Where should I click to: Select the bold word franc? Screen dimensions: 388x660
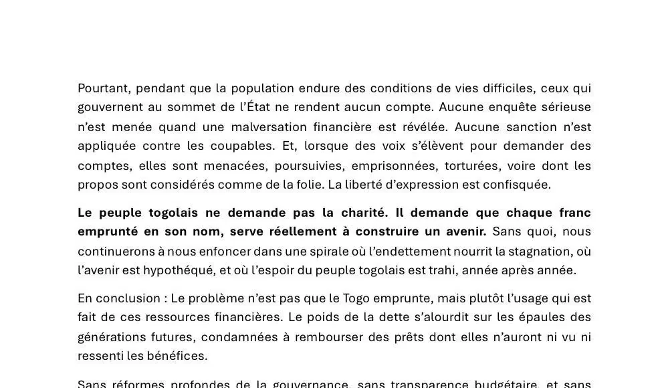[x=573, y=213]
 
